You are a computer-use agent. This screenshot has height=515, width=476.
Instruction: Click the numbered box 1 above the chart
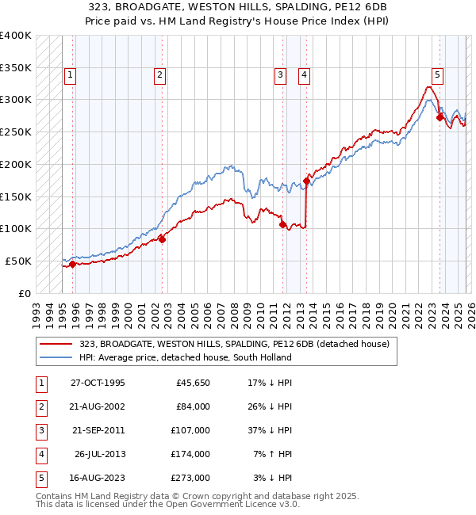[71, 75]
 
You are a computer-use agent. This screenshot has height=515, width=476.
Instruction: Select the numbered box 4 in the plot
[304, 75]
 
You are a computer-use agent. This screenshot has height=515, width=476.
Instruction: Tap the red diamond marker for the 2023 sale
[440, 117]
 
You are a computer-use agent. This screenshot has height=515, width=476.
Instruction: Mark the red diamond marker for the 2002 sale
[162, 238]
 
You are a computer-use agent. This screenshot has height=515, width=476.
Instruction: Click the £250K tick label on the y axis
[16, 132]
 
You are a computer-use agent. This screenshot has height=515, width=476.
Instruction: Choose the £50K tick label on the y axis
[18, 261]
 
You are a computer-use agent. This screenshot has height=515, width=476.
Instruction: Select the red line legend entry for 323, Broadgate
[234, 345]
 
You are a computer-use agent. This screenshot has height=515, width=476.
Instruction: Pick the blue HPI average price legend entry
[185, 357]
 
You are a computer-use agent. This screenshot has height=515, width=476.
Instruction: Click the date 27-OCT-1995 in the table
[98, 383]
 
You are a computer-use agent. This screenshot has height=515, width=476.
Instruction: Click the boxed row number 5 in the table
[40, 478]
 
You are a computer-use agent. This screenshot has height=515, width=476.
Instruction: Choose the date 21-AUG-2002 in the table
[98, 406]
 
